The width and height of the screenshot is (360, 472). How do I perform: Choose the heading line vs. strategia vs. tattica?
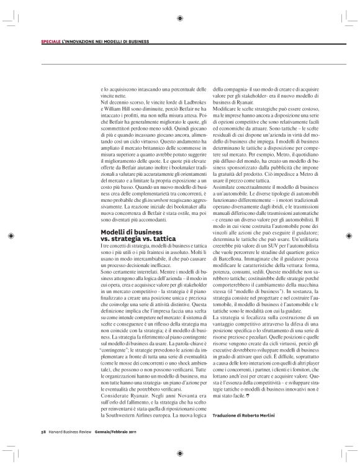tap(138, 238)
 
